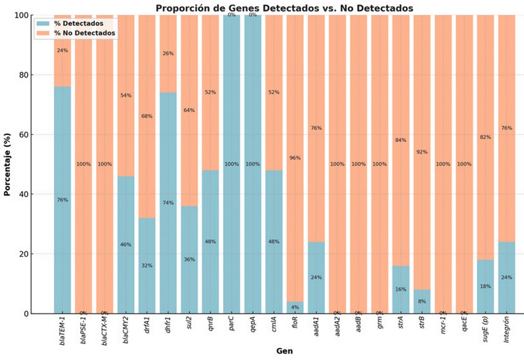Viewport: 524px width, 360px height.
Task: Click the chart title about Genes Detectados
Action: [284, 8]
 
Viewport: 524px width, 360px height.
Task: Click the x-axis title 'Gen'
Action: [284, 351]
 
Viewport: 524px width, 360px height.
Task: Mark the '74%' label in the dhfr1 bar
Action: [168, 203]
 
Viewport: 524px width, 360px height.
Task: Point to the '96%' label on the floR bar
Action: [295, 158]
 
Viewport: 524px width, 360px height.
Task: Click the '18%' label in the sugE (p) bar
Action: [486, 286]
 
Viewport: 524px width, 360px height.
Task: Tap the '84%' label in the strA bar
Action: [401, 140]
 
